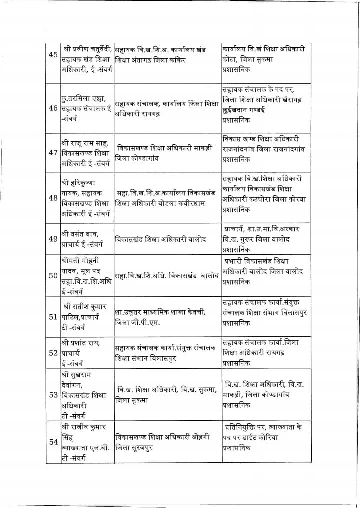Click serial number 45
coord(53,55)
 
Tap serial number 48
coord(53,198)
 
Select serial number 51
coord(53,317)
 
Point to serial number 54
coord(53,442)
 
